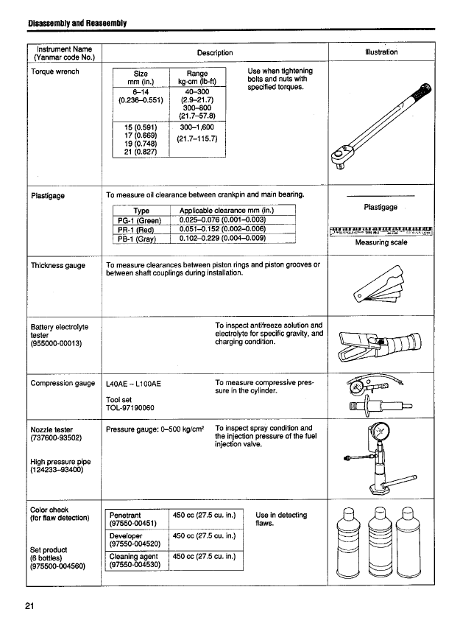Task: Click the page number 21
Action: (29, 605)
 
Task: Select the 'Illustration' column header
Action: (381, 52)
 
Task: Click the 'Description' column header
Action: (215, 52)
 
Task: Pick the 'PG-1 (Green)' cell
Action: (140, 219)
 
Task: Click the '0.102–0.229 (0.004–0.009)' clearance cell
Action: (222, 238)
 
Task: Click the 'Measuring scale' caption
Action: (381, 242)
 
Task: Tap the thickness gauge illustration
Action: (381, 286)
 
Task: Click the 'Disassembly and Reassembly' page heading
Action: (77, 23)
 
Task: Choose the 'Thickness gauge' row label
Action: (58, 265)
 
